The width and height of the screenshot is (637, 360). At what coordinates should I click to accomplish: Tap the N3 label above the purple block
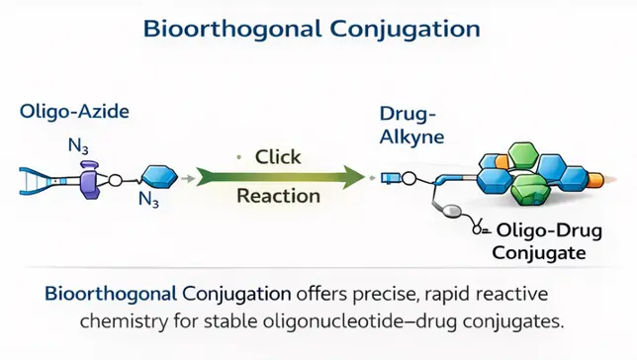tap(78, 147)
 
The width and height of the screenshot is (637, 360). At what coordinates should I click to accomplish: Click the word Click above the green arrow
tap(278, 156)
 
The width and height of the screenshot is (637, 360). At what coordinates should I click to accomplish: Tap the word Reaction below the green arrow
tap(278, 196)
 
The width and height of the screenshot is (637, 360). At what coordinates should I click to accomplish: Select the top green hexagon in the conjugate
tap(520, 156)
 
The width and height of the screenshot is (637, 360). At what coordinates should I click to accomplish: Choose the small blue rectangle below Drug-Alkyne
tap(392, 179)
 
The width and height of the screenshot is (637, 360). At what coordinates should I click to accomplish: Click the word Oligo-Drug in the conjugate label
tap(541, 231)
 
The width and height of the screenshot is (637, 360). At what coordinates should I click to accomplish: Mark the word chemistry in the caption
tap(120, 320)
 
